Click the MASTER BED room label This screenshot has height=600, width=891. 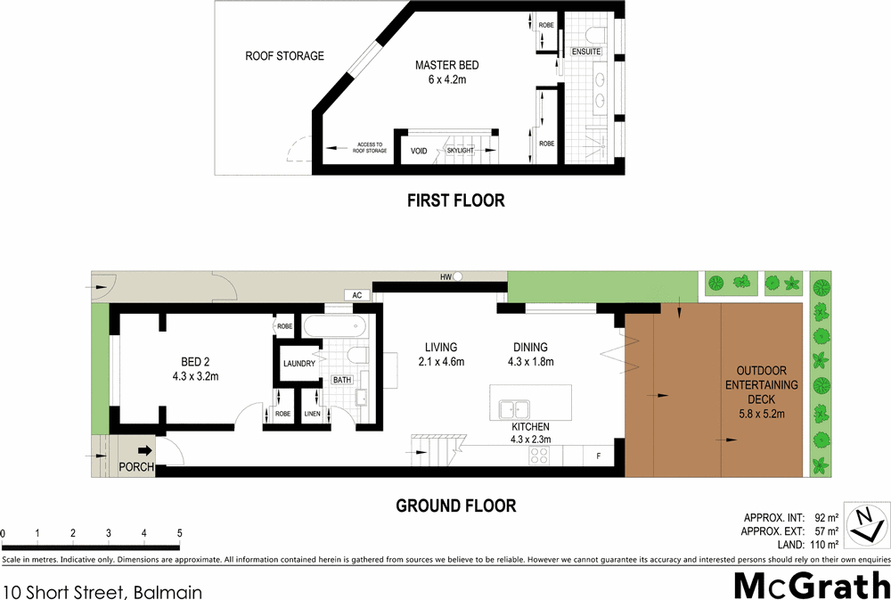coord(447,66)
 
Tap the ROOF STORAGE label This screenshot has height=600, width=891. coord(284,56)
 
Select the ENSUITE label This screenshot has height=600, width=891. coord(587,51)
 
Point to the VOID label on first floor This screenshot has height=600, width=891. coord(419,151)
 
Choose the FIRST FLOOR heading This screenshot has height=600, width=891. coord(455,201)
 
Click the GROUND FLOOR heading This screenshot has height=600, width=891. coord(455,506)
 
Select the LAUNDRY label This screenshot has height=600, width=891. coord(299,364)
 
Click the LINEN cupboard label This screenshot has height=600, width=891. coord(312,414)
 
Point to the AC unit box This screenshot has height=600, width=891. coord(356,294)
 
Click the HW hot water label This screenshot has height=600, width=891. coord(445,277)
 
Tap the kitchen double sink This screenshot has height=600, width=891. coord(514,409)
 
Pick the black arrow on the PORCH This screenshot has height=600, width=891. coord(143,451)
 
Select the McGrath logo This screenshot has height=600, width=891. coord(811,587)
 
